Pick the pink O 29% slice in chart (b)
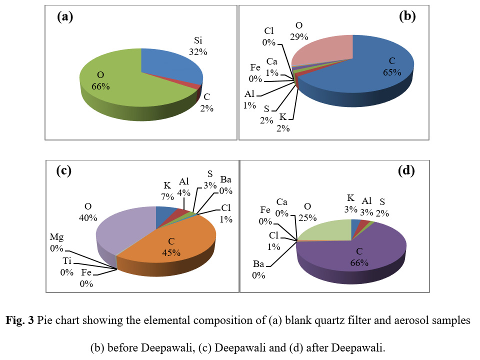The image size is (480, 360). (324, 49)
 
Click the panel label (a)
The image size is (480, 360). (65, 17)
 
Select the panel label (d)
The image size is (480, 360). (406, 170)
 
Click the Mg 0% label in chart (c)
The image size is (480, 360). (57, 242)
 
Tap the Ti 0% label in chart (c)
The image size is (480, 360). (66, 266)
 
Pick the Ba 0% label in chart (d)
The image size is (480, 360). (258, 269)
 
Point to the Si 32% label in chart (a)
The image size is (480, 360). (198, 46)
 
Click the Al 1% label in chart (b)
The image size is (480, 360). (249, 99)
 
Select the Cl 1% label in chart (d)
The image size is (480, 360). (274, 241)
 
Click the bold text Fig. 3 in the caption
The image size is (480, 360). (20, 320)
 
